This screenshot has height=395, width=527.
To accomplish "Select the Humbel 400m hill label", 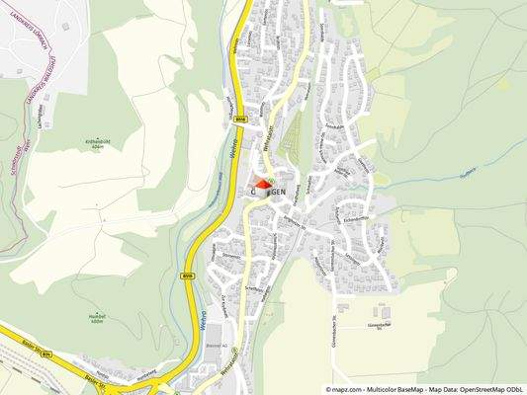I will tap(96, 319).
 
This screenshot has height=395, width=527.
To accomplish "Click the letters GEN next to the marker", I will tap(279, 191).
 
